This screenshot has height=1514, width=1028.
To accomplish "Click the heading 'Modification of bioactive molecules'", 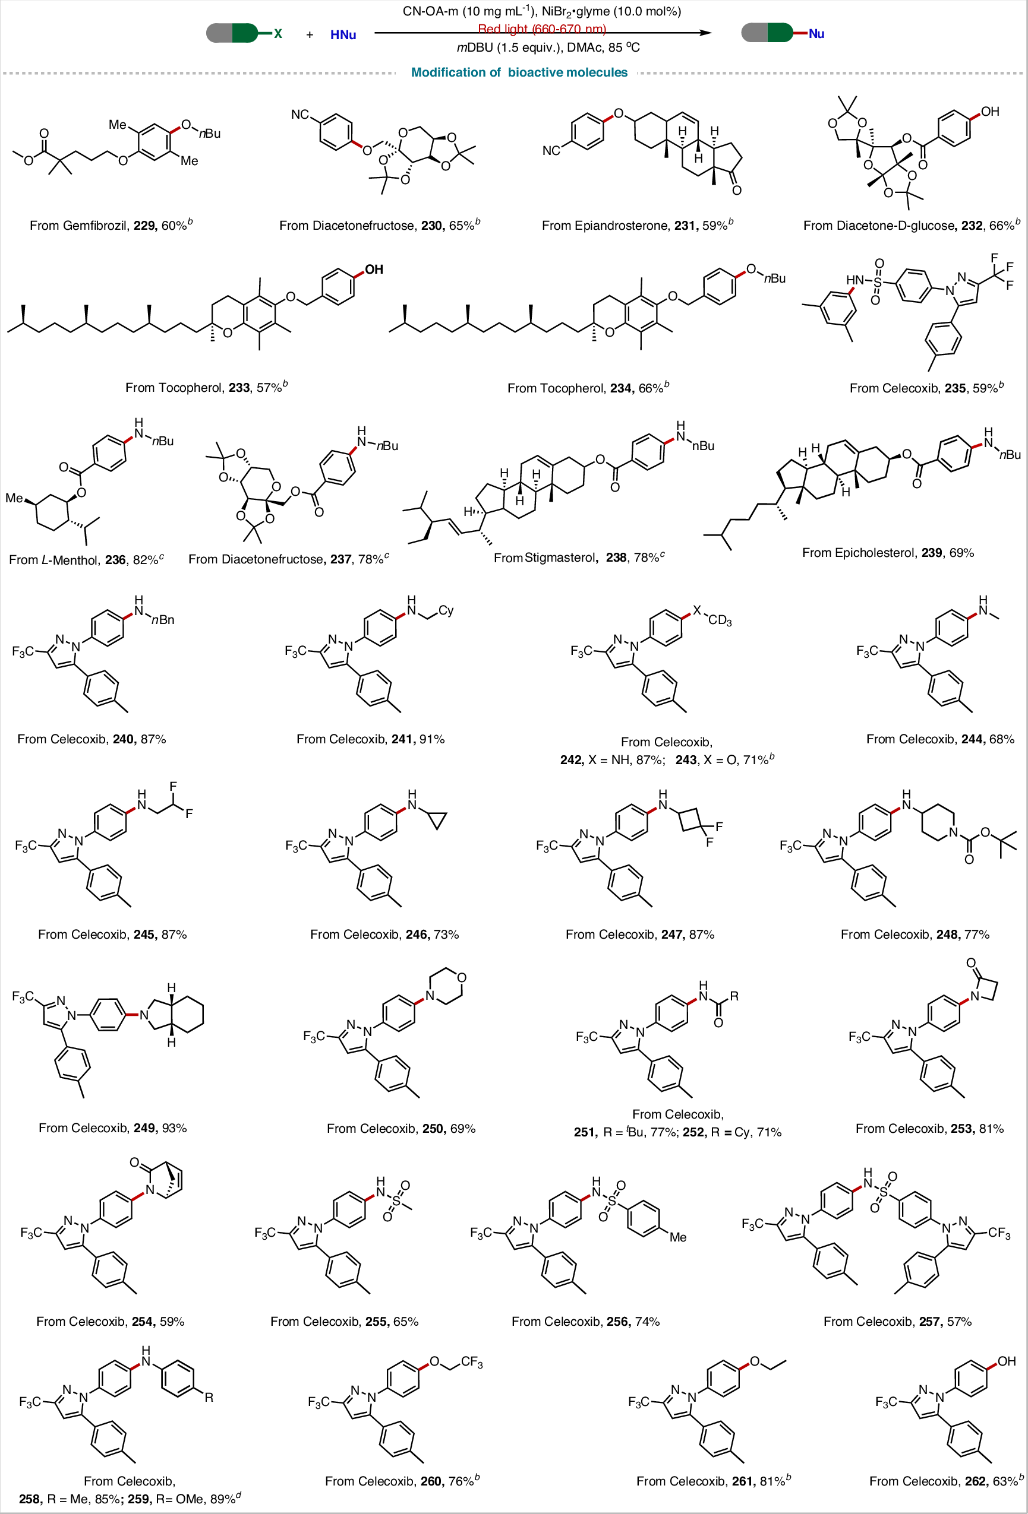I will (x=519, y=72).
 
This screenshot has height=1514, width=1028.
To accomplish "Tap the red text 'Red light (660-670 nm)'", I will (x=542, y=28).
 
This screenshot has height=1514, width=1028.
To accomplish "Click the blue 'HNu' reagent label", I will (x=343, y=34).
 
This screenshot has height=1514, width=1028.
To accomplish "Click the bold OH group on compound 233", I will (x=374, y=269).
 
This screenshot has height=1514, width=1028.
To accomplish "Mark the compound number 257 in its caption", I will (x=929, y=1321).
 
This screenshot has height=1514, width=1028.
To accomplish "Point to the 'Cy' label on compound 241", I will (x=446, y=610).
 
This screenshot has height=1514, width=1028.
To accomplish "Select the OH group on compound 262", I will (x=1007, y=1361).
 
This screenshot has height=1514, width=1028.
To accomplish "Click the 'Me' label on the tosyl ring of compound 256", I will (x=678, y=1237).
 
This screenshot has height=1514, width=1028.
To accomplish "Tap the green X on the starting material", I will (x=278, y=33).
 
